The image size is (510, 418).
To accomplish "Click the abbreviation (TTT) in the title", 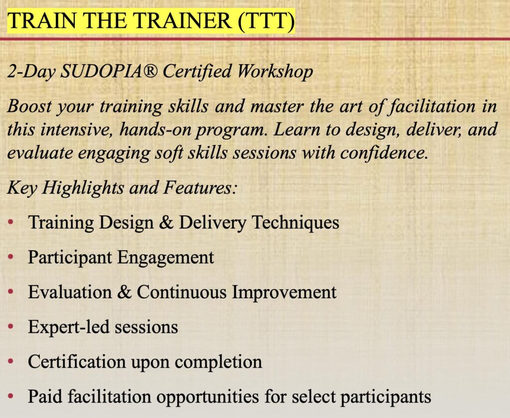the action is point(266,21).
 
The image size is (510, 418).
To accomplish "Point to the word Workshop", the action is point(275,72).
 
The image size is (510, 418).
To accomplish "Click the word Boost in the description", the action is point(29,107).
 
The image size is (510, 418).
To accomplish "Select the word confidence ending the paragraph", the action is point(384,153).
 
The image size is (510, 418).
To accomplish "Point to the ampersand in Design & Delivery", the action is point(166,223).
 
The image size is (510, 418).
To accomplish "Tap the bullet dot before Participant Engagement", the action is point(11,257).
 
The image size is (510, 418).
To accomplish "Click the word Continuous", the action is point(181,292).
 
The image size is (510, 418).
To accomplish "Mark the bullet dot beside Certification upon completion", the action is point(11,361).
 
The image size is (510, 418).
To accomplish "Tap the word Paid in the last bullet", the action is point(45,396).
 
